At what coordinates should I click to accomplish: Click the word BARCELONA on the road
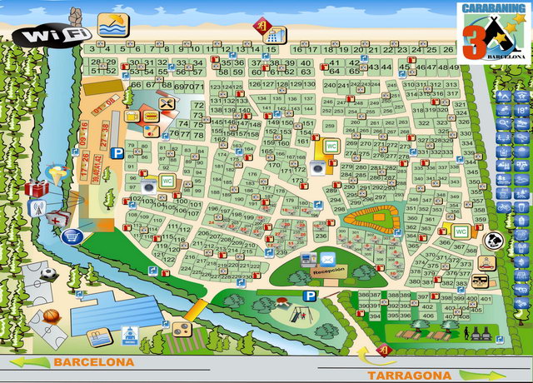pyautogui.click(x=93, y=362)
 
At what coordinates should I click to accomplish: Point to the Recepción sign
pyautogui.click(x=326, y=271)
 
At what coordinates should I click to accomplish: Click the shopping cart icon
pyautogui.click(x=72, y=236)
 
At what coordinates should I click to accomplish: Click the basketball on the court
pyautogui.click(x=52, y=316)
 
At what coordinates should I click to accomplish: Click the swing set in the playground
pyautogui.click(x=294, y=314)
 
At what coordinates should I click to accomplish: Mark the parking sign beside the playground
pyautogui.click(x=309, y=296)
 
